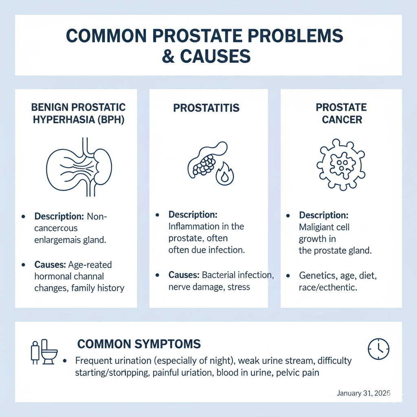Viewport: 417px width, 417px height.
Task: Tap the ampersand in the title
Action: coord(168,56)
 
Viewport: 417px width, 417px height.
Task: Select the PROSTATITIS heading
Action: coord(206,108)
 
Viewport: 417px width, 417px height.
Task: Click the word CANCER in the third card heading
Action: coord(342,120)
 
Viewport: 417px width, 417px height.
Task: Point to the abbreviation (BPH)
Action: coord(111,120)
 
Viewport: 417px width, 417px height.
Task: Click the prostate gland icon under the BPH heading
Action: coord(79,167)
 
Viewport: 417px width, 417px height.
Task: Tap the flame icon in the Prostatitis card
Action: coord(224,173)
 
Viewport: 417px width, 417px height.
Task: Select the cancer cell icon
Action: coord(341,165)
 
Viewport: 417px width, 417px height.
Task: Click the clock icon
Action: coord(378,349)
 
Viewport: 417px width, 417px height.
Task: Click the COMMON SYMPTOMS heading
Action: coord(139,344)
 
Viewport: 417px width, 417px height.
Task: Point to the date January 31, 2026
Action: coord(364,393)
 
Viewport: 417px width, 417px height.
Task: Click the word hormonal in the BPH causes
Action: coord(50,277)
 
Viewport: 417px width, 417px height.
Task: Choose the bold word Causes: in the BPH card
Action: coord(50,265)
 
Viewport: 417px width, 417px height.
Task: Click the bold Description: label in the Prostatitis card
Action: coord(193,215)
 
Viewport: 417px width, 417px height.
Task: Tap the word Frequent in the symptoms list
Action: coord(91,361)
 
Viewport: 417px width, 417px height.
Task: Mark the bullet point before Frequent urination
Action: coord(65,361)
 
